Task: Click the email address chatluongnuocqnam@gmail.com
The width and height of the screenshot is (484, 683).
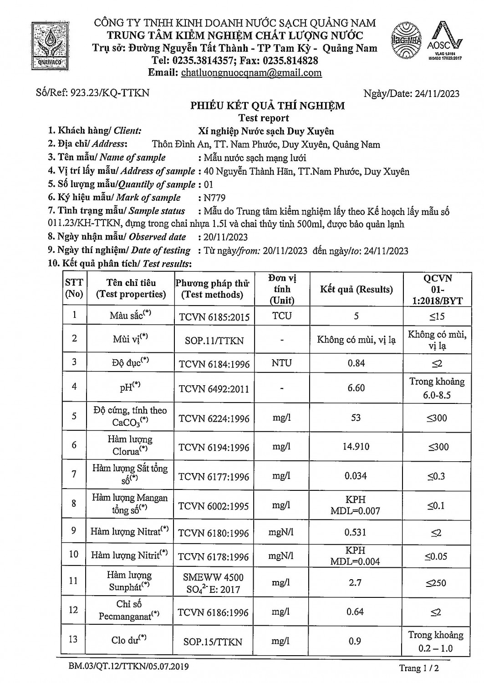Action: (x=251, y=73)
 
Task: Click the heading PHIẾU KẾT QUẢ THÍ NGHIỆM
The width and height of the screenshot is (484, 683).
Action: (x=267, y=106)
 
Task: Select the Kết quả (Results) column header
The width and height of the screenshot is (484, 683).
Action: (x=356, y=290)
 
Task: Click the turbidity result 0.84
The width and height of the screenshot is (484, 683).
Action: (x=356, y=363)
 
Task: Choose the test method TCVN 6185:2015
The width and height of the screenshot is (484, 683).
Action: (x=214, y=316)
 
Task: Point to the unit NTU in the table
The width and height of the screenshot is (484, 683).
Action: (x=282, y=363)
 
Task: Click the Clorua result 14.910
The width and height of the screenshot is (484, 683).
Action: (x=356, y=447)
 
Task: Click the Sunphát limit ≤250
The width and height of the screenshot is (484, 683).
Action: (x=436, y=583)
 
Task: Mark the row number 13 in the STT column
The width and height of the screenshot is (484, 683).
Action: (x=73, y=639)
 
